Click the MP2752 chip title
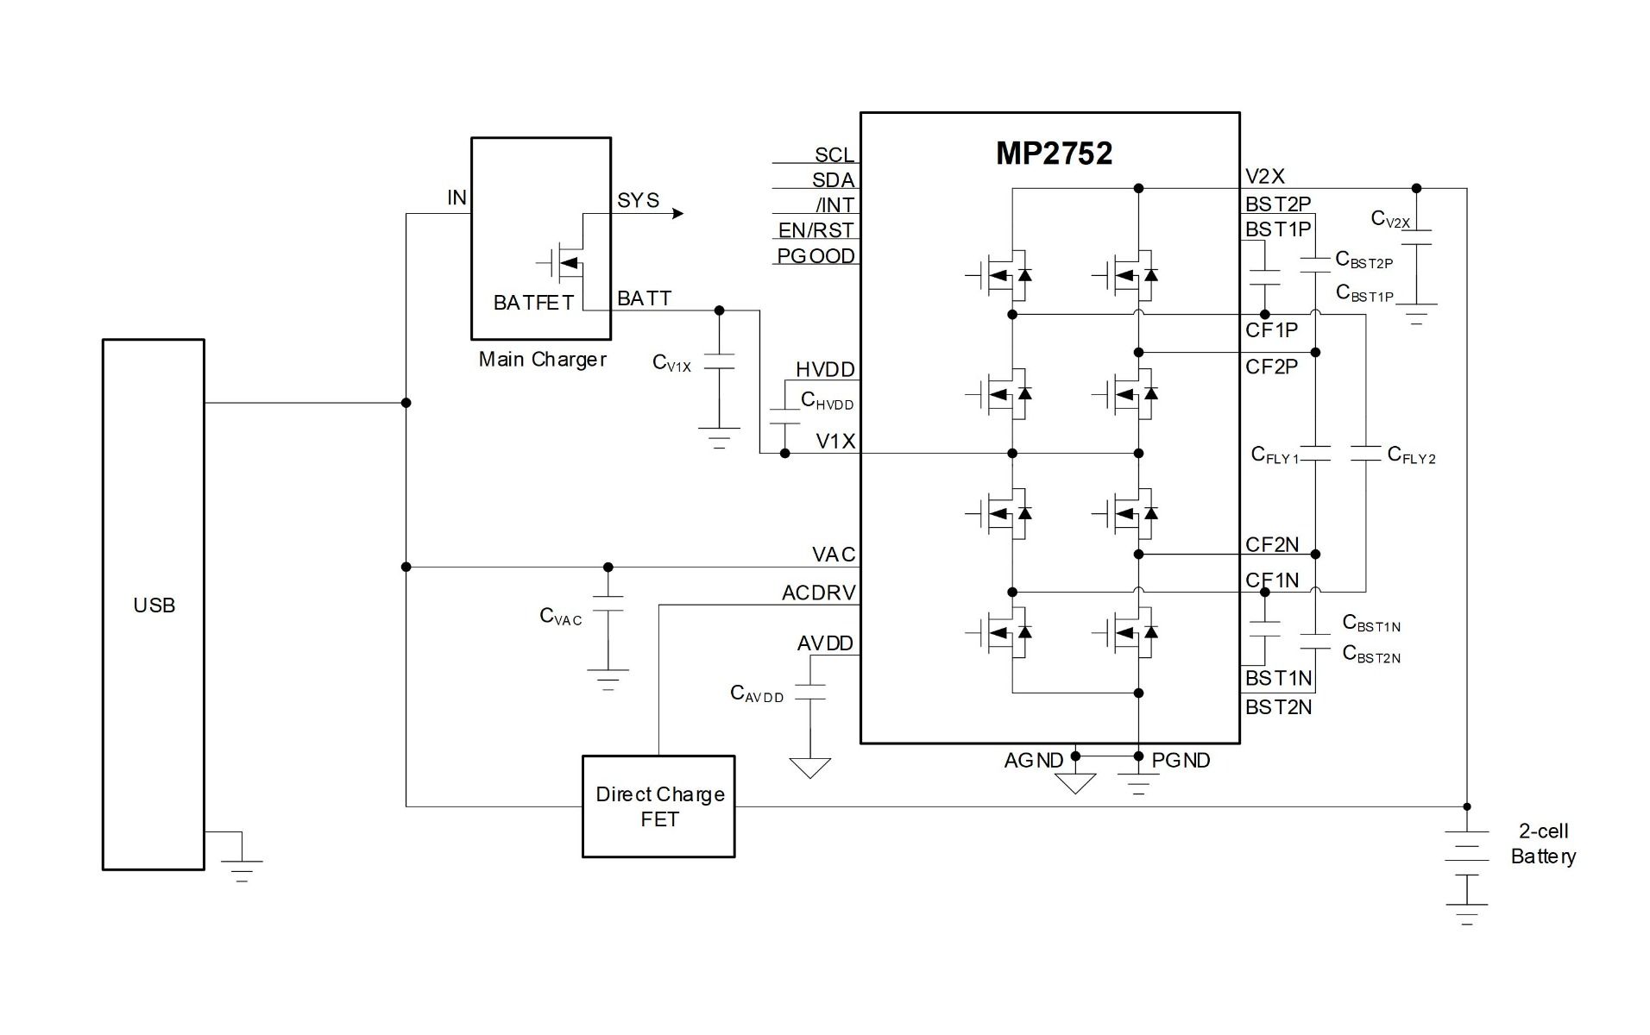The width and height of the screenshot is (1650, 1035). pos(1054,154)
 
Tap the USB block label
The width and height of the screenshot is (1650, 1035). pos(154,605)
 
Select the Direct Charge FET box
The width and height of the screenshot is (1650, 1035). pos(658,806)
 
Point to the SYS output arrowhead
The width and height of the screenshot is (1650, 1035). pos(678,213)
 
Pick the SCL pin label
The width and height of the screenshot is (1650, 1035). pos(834,154)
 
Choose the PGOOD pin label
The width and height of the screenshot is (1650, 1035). pos(816,256)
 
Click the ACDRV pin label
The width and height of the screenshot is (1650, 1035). pos(818,593)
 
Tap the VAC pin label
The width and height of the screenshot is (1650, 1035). pos(833,555)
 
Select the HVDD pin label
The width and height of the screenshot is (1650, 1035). pos(825,370)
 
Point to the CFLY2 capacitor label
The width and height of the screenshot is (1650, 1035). pos(1411,455)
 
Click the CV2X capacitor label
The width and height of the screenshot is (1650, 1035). pos(1390,219)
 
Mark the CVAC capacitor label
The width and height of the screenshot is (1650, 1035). pos(560,616)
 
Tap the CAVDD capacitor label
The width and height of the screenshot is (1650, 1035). pos(757,693)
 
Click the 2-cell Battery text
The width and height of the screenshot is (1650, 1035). pos(1543,844)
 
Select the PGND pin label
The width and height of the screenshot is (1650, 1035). pos(1181,761)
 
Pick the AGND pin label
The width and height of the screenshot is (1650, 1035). pos(1033,761)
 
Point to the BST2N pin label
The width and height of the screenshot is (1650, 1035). pos(1278,707)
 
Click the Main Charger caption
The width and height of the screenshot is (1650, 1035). pos(542,360)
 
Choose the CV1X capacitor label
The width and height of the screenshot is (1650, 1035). pos(671,363)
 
